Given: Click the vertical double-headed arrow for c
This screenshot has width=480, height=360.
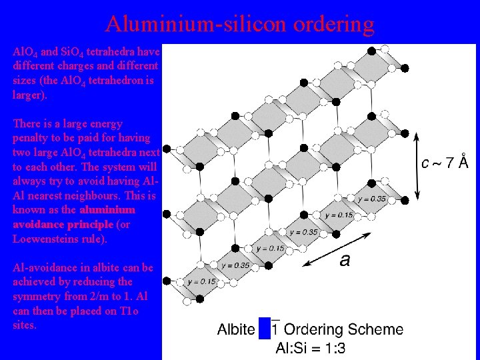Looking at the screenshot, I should click(418, 165).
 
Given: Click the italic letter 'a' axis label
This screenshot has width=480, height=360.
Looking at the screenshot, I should click(344, 260).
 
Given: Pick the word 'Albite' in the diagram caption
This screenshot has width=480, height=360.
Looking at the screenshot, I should click(236, 329).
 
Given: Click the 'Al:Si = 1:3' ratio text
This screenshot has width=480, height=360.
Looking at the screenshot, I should click(311, 347).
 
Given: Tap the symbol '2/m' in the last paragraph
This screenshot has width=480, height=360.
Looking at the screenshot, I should click(95, 296).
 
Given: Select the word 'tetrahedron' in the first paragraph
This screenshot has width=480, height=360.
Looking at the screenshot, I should click(113, 80).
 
